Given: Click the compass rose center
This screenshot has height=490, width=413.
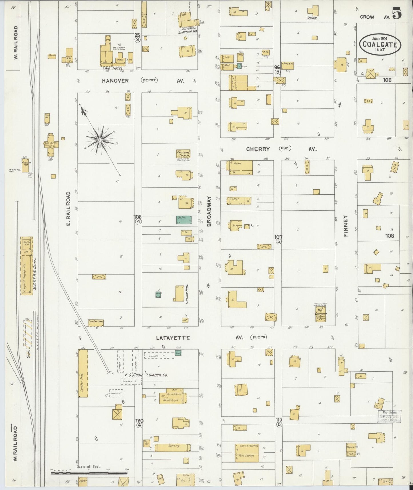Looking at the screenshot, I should click(99, 140).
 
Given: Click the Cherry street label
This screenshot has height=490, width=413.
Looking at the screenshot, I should click(258, 149).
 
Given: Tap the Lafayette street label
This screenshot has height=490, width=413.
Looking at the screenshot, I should click(173, 338).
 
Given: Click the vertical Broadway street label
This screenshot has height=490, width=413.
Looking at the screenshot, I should click(209, 212).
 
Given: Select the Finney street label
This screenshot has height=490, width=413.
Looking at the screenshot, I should click(346, 226).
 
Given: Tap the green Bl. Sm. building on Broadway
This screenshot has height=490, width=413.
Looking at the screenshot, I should click(184, 220).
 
